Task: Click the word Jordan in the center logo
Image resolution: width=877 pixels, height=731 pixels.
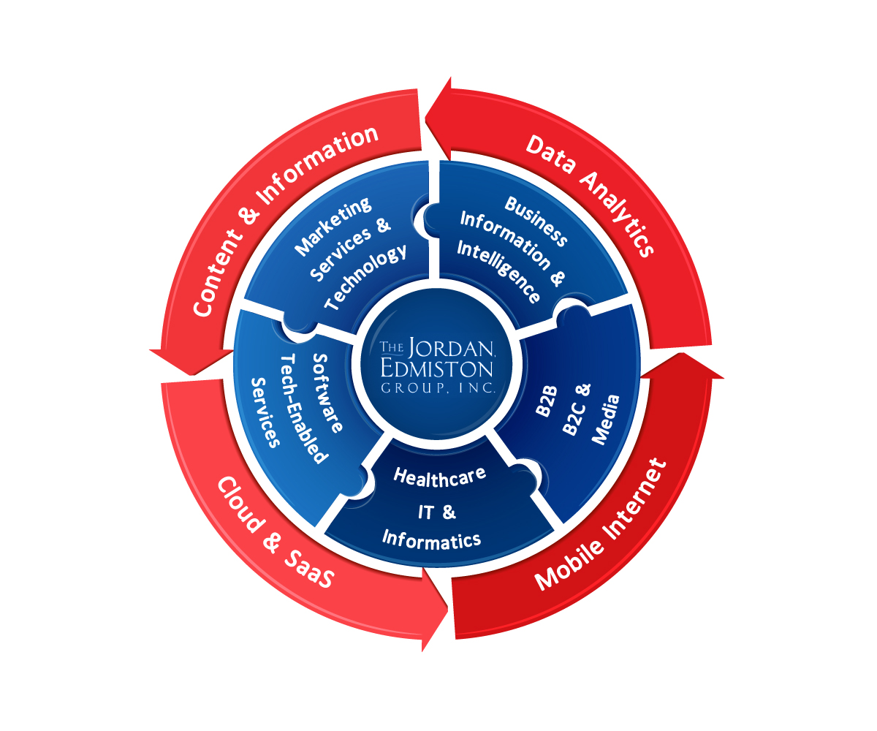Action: [x=449, y=346]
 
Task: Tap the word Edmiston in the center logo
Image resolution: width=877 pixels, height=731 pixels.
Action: [x=437, y=367]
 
